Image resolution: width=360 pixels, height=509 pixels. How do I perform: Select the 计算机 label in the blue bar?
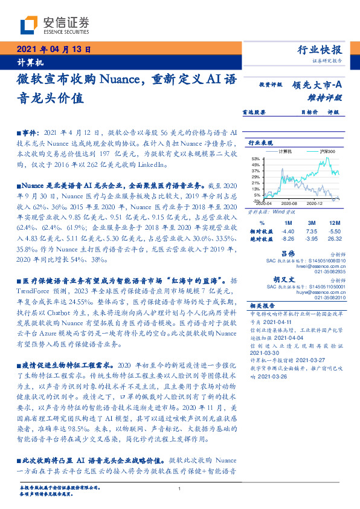31,63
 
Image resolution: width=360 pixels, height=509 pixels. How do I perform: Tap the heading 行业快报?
320,50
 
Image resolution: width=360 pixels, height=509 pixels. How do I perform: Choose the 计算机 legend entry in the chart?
284,151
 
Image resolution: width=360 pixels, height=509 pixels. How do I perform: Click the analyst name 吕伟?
306,253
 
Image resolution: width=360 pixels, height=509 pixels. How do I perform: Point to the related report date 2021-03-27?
313,359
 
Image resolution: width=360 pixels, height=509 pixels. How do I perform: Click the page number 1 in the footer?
180,489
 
